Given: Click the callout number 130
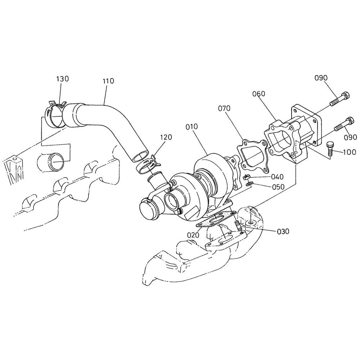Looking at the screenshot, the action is [x=62, y=79].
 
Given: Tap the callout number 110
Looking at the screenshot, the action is [x=108, y=81].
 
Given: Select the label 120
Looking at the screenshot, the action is [x=166, y=137].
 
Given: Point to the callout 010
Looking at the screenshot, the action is [x=192, y=126].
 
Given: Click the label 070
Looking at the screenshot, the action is [x=224, y=108].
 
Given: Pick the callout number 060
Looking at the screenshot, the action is [x=259, y=94].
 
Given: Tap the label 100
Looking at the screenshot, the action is [x=350, y=152].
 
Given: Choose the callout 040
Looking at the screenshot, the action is [x=277, y=177].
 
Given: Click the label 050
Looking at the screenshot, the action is [x=278, y=186].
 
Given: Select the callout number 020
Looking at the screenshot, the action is [x=193, y=235].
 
